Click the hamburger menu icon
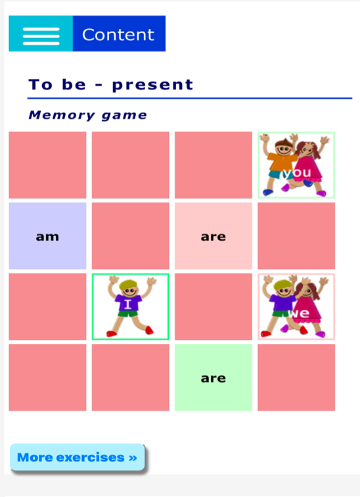[41, 36]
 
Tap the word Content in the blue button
[118, 35]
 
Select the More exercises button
[78, 457]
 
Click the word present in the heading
[152, 85]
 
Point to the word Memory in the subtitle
[62, 115]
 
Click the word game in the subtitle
[124, 116]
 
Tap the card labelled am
[47, 236]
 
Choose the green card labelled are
[214, 377]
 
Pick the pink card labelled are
[214, 236]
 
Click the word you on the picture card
[297, 173]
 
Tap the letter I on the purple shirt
[127, 304]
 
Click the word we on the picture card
[299, 313]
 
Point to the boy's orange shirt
[281, 162]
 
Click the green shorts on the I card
[128, 314]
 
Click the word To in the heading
[41, 85]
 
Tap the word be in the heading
[74, 84]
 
